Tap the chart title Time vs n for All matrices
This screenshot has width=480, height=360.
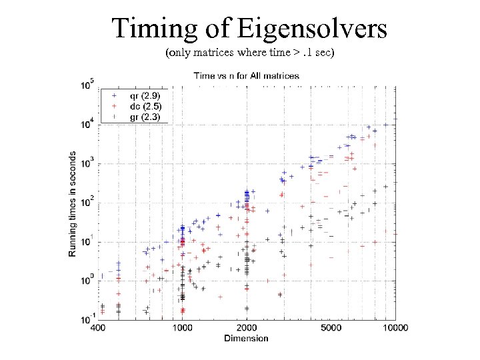(246, 76)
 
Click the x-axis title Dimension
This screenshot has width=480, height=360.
(246, 338)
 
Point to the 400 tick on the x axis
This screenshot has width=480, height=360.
(99, 327)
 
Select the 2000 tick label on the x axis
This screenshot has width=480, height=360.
(246, 327)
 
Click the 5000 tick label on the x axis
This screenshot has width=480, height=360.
(331, 327)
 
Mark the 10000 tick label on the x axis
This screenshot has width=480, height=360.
(395, 327)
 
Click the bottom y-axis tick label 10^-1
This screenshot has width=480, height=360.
(88, 319)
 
